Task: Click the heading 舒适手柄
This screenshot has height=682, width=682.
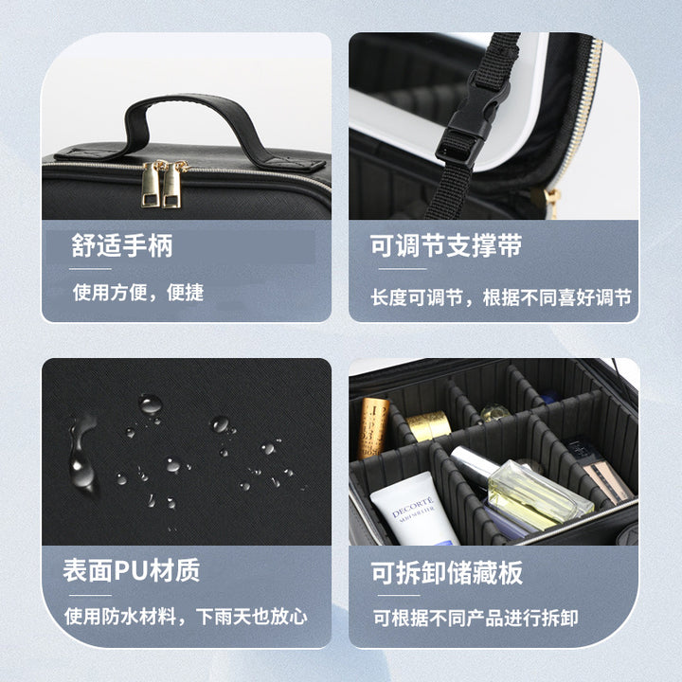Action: pos(122,245)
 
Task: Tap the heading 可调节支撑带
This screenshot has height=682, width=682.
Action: pos(446,245)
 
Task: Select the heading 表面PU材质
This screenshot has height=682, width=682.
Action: pos(132,570)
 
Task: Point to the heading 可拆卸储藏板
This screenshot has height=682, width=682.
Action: pos(447,572)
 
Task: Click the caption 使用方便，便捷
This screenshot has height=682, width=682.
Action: pos(138,293)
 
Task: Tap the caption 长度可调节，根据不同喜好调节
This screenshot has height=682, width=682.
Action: pos(501,298)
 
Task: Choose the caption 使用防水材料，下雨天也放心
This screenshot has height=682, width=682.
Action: pos(187,617)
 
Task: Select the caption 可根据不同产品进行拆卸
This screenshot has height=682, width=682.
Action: pos(476,618)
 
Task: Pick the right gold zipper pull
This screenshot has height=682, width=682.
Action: pos(172,185)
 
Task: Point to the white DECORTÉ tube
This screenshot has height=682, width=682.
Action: pos(413,509)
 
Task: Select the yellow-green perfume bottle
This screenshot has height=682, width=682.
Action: pos(539,495)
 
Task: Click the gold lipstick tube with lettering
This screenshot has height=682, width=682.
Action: pos(373,427)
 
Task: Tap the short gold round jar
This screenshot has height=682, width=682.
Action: pos(428,425)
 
